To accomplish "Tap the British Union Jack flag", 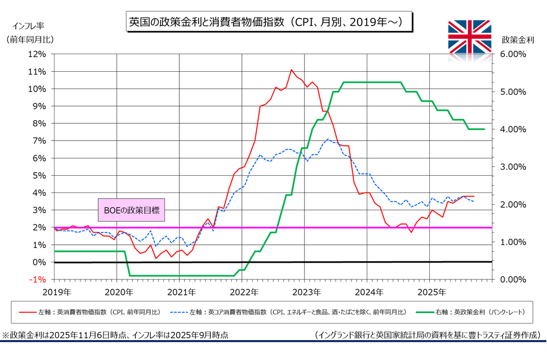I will [x=470, y=36].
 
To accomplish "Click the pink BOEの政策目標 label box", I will [x=131, y=210].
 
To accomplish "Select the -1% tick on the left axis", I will [x=39, y=280].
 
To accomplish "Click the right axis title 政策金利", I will [x=517, y=40].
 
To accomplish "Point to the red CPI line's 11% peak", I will [x=291, y=70].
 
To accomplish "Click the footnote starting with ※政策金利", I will [x=115, y=335].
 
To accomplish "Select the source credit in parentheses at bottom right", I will [x=427, y=335].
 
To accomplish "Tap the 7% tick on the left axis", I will [x=40, y=141].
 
